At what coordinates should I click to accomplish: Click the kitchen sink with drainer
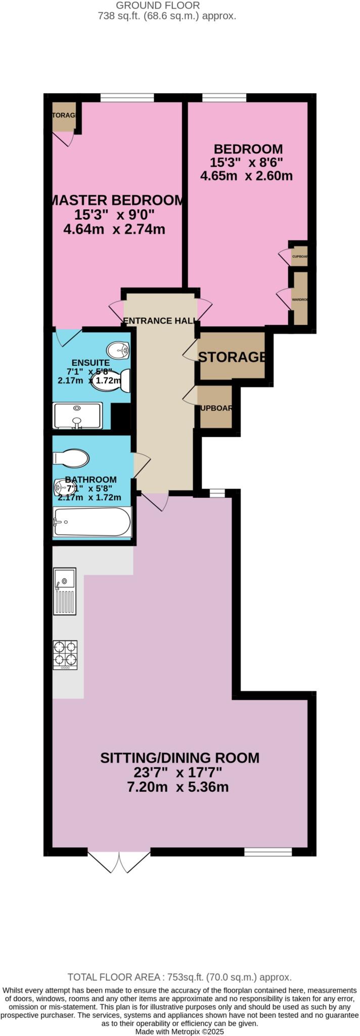tap(65, 591)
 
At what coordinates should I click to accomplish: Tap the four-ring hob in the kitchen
tap(65, 655)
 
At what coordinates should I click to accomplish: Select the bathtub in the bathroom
tap(92, 521)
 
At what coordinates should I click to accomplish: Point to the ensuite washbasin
tap(118, 349)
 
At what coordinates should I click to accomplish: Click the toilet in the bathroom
tap(71, 458)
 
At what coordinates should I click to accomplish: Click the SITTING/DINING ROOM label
tap(179, 758)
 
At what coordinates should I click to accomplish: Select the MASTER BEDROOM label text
tap(117, 200)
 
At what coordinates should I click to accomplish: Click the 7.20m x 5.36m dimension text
tap(178, 787)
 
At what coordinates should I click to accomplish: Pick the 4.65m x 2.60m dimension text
tap(246, 177)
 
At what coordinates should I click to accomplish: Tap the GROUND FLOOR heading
tap(158, 6)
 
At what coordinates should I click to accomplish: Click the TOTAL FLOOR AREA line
tap(179, 977)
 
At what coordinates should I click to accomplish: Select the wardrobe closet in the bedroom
tap(300, 298)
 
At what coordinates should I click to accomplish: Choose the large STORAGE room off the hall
tap(232, 356)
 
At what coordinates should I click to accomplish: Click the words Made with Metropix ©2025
tap(179, 1031)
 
